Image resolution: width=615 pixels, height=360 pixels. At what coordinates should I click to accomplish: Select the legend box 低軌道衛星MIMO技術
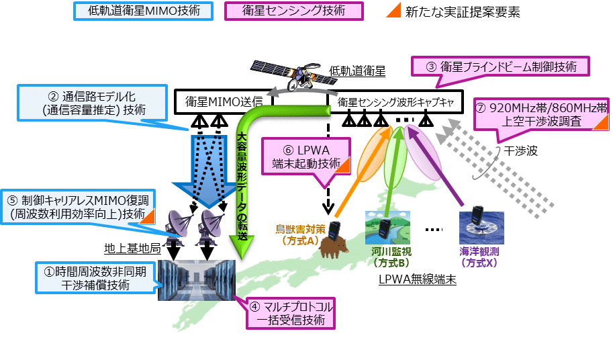[x=140, y=12]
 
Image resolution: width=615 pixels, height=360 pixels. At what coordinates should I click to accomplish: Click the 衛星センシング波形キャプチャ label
[x=392, y=102]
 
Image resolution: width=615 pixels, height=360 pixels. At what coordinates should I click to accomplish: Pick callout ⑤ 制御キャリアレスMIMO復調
[x=79, y=207]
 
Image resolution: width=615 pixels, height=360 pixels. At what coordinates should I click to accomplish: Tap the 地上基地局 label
[x=132, y=249]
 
